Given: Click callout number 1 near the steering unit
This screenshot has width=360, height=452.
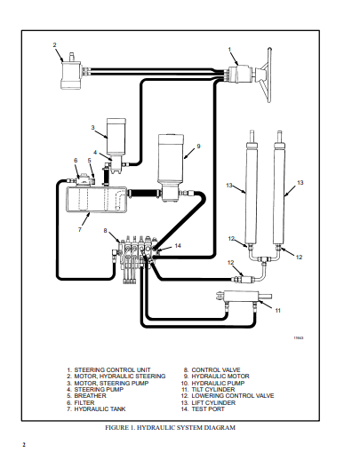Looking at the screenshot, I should pos(229,50).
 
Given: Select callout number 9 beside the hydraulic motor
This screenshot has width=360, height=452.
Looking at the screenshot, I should pos(198,146).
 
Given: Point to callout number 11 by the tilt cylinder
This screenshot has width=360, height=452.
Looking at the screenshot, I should pos(277,311).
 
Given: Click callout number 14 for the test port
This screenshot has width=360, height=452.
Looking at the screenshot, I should pos(178,246).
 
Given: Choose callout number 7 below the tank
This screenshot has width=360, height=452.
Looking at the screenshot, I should pos(79,229).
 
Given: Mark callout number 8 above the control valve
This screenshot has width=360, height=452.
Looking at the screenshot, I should pos(106,232).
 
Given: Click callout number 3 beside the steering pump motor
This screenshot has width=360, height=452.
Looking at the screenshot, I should pos(92,128).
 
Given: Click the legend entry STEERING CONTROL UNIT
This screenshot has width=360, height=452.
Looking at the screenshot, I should pos(109,369).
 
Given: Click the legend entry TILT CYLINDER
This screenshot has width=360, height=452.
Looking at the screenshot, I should pos(213,388).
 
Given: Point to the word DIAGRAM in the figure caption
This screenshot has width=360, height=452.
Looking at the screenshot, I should pos(217,427).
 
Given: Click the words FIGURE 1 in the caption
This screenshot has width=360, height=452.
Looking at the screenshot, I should pos(122,427).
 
